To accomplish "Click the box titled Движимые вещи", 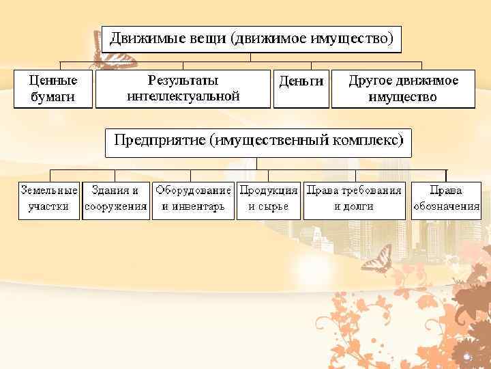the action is click(x=252, y=39).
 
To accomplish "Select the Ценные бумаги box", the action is click(x=53, y=89).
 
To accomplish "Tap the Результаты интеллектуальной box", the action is click(x=183, y=89).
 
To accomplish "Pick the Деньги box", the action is click(x=301, y=89).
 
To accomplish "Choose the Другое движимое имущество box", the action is click(x=403, y=89).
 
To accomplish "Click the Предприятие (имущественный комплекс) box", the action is click(x=258, y=141).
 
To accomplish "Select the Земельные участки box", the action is click(x=48, y=199).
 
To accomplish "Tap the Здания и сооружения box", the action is click(x=116, y=199).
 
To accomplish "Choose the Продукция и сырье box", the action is click(x=268, y=199).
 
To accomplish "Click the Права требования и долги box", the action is click(x=353, y=199).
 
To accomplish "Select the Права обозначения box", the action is click(x=446, y=199).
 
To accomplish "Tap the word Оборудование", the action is click(x=193, y=191).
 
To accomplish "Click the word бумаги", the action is click(x=53, y=96).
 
